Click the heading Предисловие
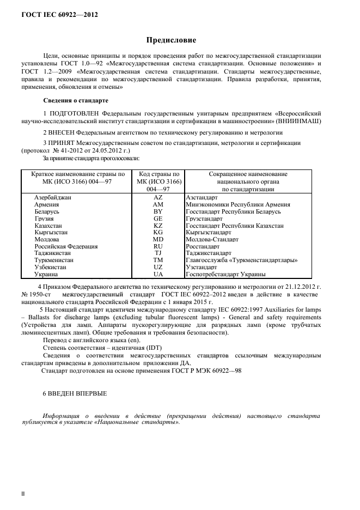pos(171,40)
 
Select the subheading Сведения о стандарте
pos(75,101)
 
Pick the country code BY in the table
pos(158,211)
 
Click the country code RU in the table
pos(158,246)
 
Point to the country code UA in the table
pos(158,275)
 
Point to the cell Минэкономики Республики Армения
pos(237,204)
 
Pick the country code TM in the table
pos(158,260)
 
